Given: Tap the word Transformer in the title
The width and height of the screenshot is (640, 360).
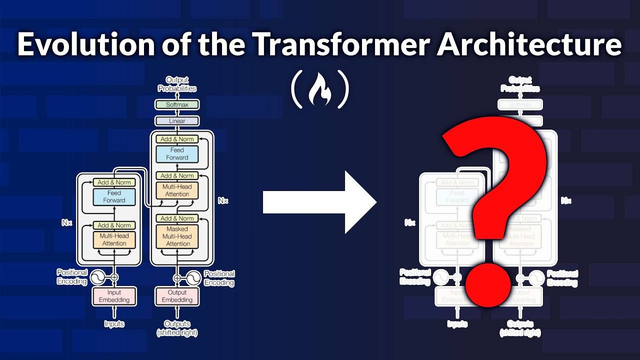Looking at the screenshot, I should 339,45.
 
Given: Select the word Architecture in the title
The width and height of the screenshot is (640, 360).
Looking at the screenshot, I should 529,45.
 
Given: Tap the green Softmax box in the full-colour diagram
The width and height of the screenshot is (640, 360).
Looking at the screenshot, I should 177,104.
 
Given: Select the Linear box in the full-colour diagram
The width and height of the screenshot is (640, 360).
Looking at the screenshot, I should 177,121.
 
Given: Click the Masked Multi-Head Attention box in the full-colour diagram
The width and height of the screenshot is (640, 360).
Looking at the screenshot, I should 177,236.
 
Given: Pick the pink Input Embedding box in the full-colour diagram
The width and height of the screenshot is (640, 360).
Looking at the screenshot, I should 114,296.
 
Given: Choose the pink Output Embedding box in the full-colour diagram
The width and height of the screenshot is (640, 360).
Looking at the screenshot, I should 177,296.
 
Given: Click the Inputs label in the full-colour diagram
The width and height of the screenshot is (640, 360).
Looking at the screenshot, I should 114,324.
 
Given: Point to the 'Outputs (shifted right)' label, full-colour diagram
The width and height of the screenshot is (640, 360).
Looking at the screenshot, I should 177,328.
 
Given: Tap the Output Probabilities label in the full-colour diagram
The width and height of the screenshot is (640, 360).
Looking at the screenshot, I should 177,84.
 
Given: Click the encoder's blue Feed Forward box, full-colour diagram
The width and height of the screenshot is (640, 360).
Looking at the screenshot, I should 114,196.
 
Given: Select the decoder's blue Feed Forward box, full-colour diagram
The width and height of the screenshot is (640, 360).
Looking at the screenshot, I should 177,153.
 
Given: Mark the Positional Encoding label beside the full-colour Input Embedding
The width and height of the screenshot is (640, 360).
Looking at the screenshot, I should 72,277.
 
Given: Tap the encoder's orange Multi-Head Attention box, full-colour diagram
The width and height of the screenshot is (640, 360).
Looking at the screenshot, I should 114,239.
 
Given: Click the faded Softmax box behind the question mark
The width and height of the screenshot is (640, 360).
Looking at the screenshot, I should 520,105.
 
